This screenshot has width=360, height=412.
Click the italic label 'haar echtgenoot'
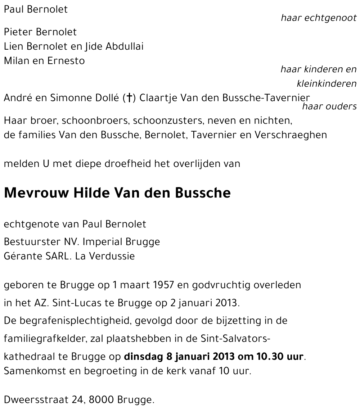tap(319, 18)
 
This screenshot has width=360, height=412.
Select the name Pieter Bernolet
tap(40, 32)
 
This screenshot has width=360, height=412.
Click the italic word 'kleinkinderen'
tap(327, 84)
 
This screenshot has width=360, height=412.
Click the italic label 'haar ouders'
tap(329, 106)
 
